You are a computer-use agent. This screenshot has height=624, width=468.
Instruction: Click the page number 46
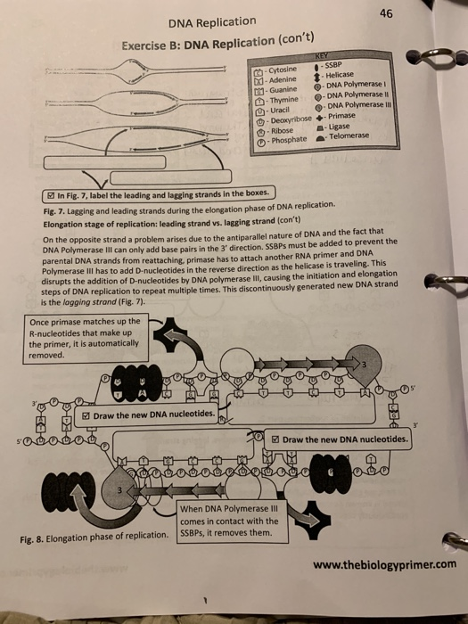pos(409,13)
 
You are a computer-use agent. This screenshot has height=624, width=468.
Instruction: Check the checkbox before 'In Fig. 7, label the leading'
pos(52,194)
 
